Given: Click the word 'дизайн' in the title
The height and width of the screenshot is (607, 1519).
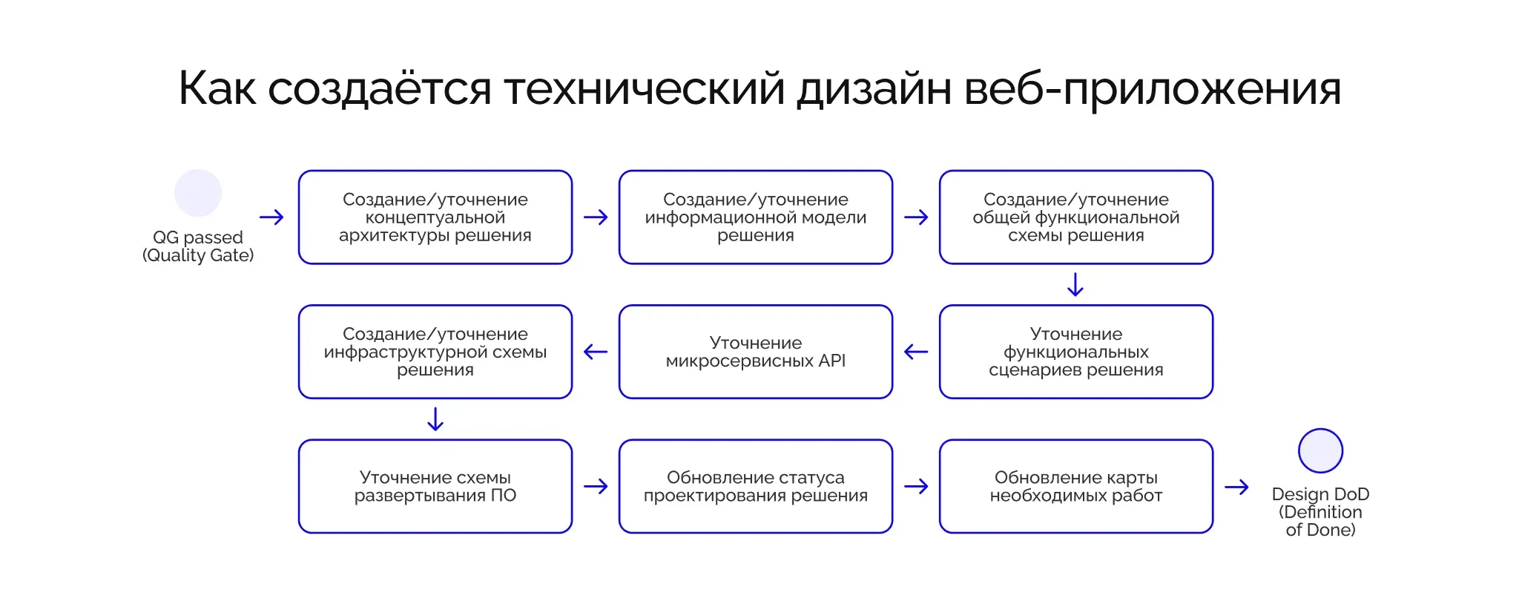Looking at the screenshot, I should tap(874, 89).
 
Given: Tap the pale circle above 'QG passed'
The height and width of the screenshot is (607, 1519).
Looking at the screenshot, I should tap(198, 193).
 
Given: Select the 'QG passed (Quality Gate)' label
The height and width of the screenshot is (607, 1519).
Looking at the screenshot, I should tap(198, 246).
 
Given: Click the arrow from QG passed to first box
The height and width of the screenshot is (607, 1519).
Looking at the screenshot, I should tap(271, 217).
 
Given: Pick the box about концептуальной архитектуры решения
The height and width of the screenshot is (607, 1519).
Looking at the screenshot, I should tap(435, 217).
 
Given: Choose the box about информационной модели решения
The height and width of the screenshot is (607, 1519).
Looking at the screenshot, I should tap(756, 217).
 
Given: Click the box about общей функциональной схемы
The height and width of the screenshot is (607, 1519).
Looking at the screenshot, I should tap(1076, 217).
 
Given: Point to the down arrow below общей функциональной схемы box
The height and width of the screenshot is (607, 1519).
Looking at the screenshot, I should tap(1075, 284).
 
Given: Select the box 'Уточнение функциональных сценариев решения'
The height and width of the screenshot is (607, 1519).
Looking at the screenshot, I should tap(1076, 352).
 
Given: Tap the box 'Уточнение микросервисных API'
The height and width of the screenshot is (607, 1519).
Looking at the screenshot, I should tap(756, 352).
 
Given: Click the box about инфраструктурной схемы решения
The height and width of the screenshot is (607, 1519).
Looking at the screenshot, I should tap(435, 352).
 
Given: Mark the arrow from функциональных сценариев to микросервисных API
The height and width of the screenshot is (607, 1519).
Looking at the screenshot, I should tap(916, 352).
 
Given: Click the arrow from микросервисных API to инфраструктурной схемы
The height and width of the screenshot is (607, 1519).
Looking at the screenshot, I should tap(596, 352).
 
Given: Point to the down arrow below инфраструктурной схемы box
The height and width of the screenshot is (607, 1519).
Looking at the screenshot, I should tap(435, 419).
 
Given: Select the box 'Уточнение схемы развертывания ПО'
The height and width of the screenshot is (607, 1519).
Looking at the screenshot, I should tap(435, 486).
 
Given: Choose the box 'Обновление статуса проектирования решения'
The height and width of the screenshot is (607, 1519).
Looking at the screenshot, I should tap(756, 486).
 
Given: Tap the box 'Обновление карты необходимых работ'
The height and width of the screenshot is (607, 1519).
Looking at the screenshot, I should tap(1076, 486).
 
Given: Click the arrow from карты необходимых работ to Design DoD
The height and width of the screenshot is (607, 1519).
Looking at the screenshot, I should tap(1236, 488).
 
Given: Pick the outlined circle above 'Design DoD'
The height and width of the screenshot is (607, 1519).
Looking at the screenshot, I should tap(1320, 450).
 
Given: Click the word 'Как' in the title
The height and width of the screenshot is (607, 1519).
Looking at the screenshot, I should tap(217, 89).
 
